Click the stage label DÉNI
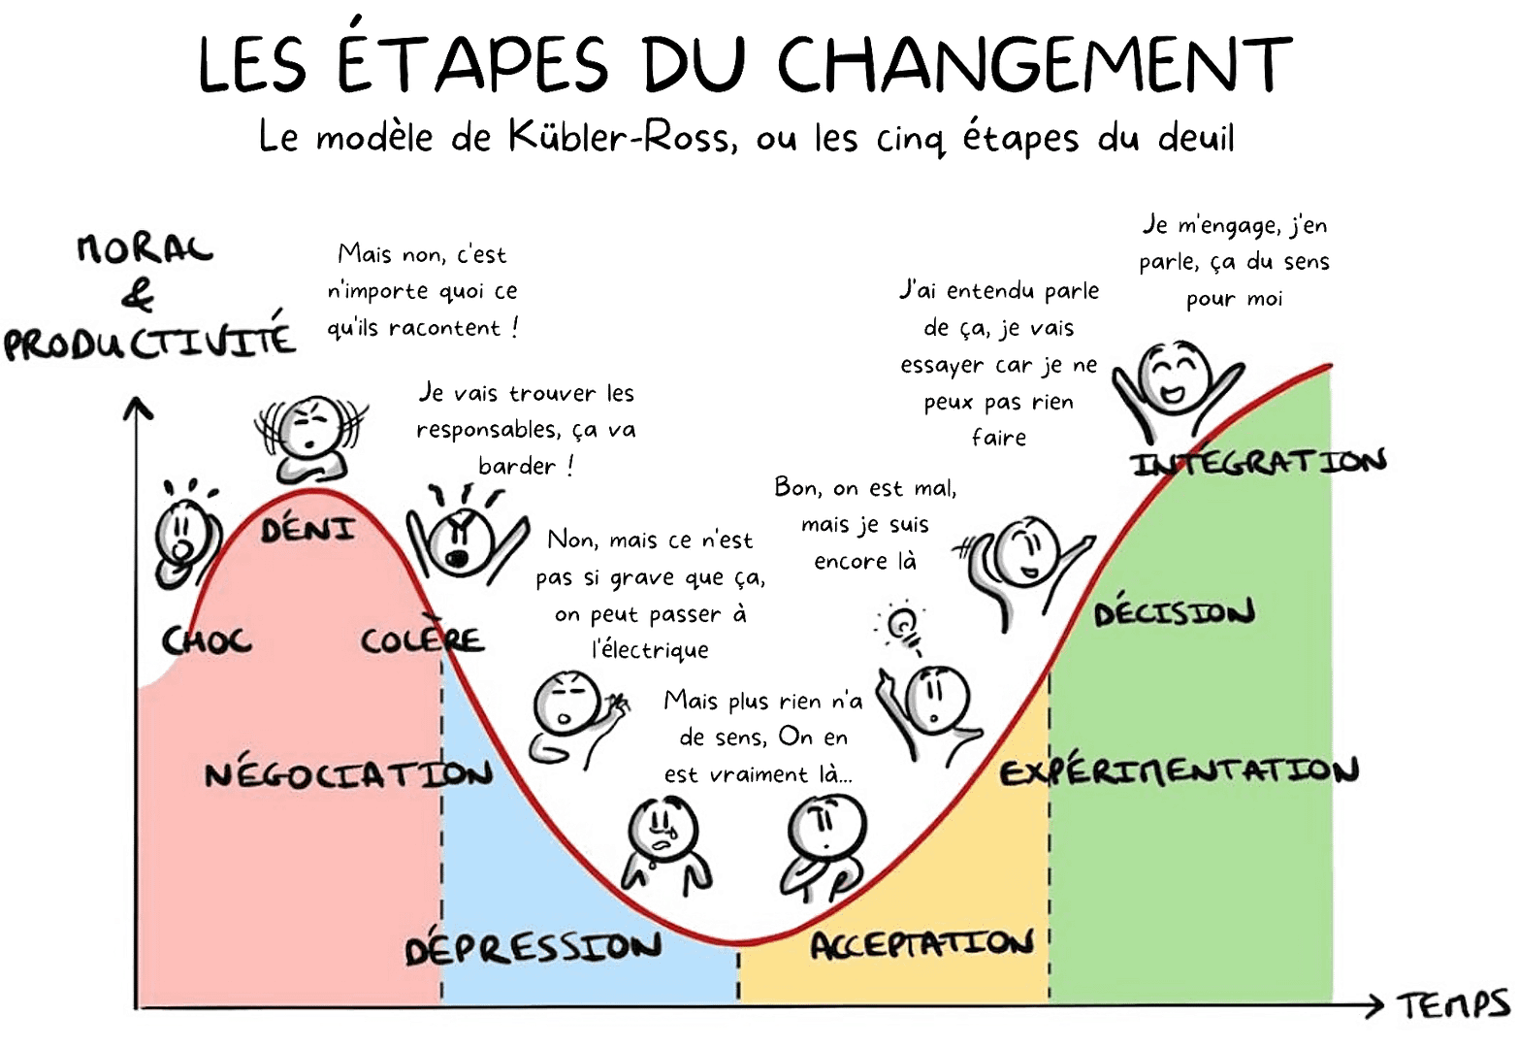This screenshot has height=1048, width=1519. point(307,530)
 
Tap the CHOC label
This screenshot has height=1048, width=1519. point(206,640)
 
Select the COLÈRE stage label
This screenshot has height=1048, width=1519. point(421,640)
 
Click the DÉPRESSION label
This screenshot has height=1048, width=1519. point(533,946)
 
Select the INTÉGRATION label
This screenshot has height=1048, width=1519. point(1261,462)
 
